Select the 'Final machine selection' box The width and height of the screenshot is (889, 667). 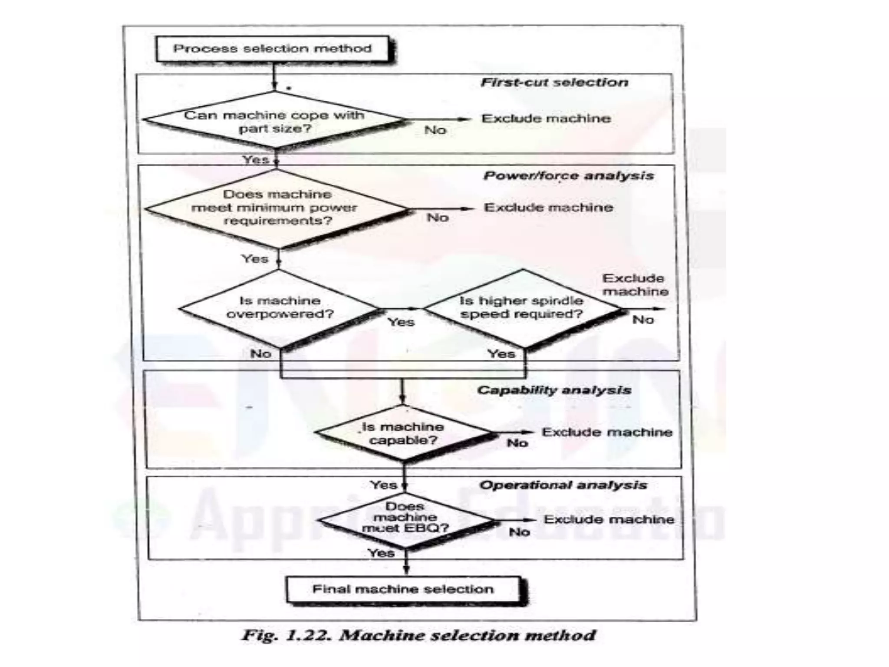coord(403,589)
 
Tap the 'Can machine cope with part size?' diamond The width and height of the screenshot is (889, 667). coord(274,122)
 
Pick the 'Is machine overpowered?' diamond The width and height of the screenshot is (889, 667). coord(280,308)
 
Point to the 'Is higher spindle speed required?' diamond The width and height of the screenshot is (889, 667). coord(522,308)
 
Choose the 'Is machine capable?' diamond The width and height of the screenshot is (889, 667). coord(403,433)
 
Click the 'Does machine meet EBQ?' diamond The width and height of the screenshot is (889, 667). coord(405,518)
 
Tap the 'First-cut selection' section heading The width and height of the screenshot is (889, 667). coord(554,83)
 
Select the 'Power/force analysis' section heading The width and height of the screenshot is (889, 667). coord(569,176)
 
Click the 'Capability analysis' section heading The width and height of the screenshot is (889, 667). coord(554,390)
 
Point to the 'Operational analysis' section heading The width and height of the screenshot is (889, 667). coord(563,485)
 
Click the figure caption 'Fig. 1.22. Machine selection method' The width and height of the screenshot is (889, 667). coord(418,635)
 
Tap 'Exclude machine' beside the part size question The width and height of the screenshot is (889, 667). coord(546,119)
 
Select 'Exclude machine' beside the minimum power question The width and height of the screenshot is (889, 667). coord(549,208)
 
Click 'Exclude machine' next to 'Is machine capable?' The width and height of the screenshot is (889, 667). coord(607,432)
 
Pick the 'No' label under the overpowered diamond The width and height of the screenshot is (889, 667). coord(260,354)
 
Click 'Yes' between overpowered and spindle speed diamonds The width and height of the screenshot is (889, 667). coord(401,322)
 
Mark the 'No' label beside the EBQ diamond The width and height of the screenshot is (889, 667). coord(519,532)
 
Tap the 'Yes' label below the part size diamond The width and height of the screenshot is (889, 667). coord(256,160)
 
